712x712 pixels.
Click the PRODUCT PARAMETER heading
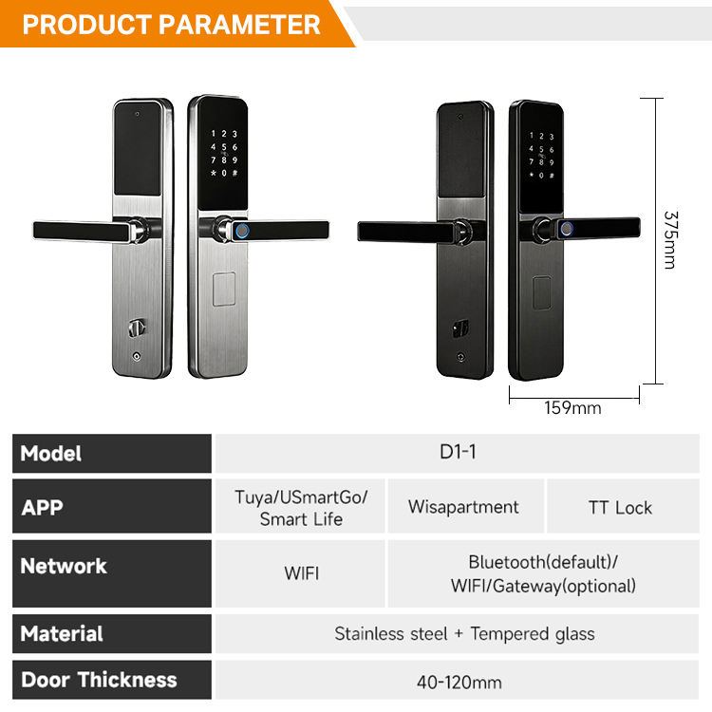coord(171,24)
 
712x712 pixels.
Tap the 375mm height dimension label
coord(670,239)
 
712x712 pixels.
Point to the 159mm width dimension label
coord(572,408)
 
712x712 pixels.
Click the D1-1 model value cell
coord(459,452)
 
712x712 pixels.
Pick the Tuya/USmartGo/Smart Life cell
coord(301,508)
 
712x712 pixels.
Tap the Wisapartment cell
coord(463,507)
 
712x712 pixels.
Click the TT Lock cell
coord(620,507)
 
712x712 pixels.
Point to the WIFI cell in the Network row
coord(301,573)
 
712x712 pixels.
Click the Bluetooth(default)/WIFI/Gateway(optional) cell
coord(543,574)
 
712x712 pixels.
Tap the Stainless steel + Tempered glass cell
coord(464,633)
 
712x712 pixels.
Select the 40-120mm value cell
coord(459,682)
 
